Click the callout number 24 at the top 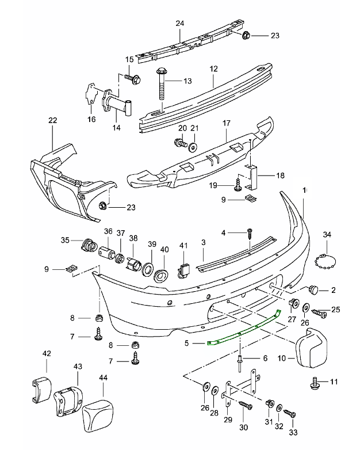point(180,24)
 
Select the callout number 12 point(213,68)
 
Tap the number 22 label point(53,120)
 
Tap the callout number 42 point(46,354)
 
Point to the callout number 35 point(65,240)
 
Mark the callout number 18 point(279,176)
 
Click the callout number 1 point(305,189)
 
